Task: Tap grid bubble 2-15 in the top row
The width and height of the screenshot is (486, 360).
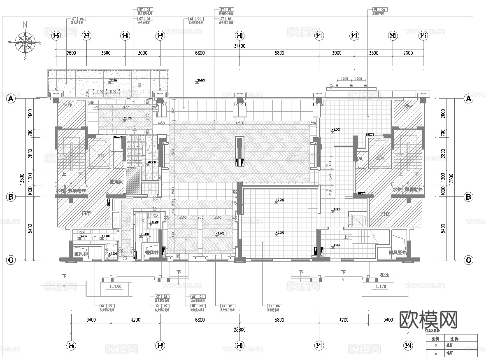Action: [x=423, y=36]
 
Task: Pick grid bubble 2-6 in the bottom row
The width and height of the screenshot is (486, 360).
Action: [x=71, y=345]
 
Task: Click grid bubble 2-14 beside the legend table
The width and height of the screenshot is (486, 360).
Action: [x=408, y=345]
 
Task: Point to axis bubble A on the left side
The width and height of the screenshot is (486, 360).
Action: [x=11, y=98]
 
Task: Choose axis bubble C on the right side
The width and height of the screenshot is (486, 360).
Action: [x=468, y=260]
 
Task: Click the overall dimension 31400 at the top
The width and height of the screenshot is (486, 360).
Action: [x=240, y=46]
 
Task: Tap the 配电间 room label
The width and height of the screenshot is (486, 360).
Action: [x=116, y=181]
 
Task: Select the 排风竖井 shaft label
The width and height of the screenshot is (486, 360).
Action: [x=397, y=252]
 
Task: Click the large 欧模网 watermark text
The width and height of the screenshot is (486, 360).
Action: [x=429, y=319]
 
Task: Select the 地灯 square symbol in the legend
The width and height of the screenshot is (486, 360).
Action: [x=435, y=353]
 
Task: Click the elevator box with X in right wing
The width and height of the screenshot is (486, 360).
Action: [x=356, y=220]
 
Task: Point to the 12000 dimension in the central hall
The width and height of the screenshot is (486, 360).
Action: [x=240, y=123]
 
